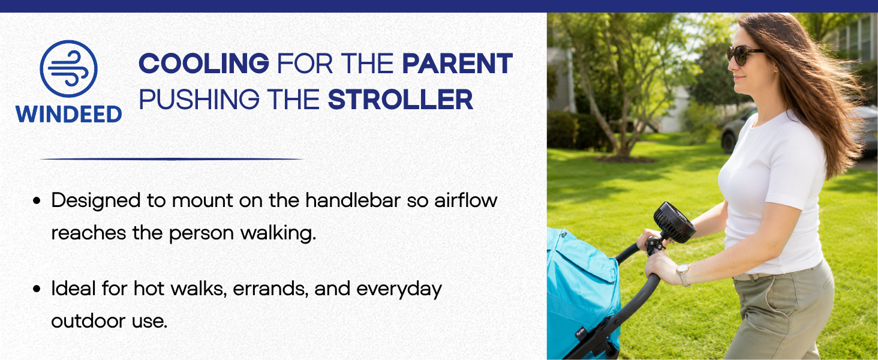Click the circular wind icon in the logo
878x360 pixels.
[68, 68]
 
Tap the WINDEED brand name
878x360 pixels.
[68, 114]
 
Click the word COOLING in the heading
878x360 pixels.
[204, 63]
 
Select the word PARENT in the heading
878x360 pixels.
[458, 63]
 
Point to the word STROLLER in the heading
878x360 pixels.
[400, 100]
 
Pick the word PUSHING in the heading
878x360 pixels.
[199, 100]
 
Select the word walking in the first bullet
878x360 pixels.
[278, 233]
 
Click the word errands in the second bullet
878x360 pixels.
[270, 289]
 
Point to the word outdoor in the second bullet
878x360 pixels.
[89, 321]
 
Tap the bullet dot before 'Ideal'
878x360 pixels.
[37, 289]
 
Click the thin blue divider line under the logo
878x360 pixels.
[172, 159]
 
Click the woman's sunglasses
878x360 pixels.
[744, 55]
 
